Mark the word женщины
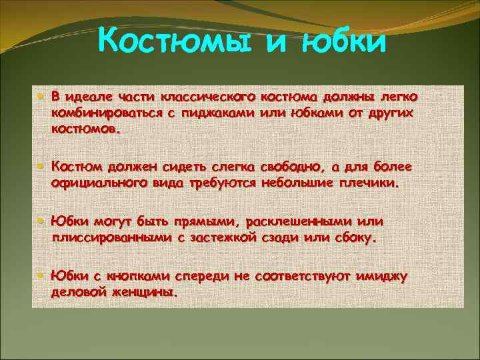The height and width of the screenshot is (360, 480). tap(147, 292)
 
